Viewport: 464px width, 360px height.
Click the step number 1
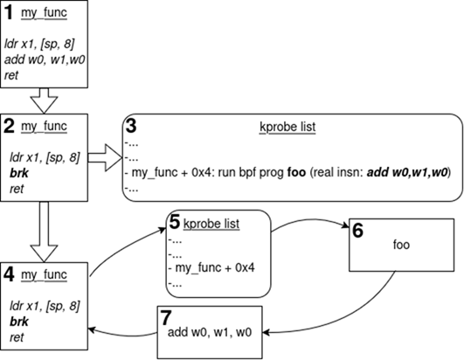pos(9,13)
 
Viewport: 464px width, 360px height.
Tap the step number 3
pos(131,126)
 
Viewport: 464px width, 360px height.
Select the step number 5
pos(174,222)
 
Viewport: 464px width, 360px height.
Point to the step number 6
pos(357,231)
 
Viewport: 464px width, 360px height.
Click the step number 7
pos(165,318)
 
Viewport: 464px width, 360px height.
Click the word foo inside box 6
pos(401,245)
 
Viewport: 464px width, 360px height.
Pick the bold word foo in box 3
pos(296,172)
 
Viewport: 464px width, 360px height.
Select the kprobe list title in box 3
pos(287,127)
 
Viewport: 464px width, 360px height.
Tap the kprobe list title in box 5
pos(211,224)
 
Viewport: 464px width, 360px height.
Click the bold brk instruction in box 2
pos(19,173)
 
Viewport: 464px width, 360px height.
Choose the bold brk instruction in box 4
pos(19,322)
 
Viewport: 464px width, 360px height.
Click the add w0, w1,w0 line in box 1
pos(45,60)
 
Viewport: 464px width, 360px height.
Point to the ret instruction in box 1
pos(11,75)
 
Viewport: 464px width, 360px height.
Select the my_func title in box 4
pos(44,275)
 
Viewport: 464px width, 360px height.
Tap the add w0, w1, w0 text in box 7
pos(210,332)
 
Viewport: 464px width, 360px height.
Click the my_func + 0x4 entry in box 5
pos(215,268)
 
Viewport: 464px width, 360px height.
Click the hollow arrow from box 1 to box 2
pos(44,100)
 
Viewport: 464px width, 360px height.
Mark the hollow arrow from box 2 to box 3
pos(105,157)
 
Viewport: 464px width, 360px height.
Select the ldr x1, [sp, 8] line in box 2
pos(45,157)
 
